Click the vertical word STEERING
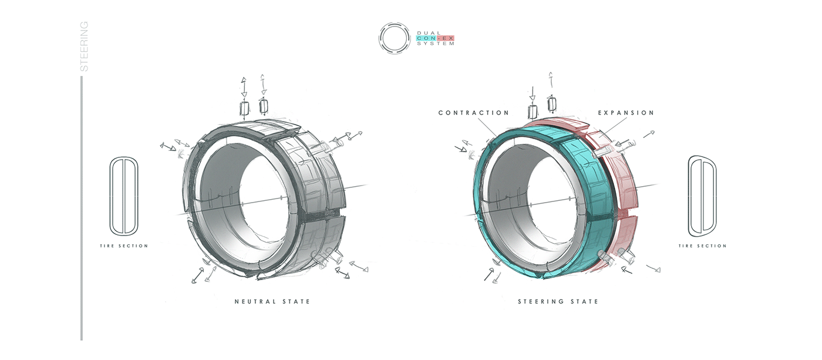(x=84, y=46)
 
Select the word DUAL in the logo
(x=429, y=33)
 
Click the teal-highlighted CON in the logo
(x=426, y=38)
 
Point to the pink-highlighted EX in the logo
(x=447, y=38)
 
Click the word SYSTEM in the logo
(x=436, y=43)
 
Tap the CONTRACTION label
(x=474, y=113)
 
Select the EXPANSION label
(x=626, y=113)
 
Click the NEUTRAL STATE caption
(x=272, y=302)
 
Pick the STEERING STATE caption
(x=558, y=302)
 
